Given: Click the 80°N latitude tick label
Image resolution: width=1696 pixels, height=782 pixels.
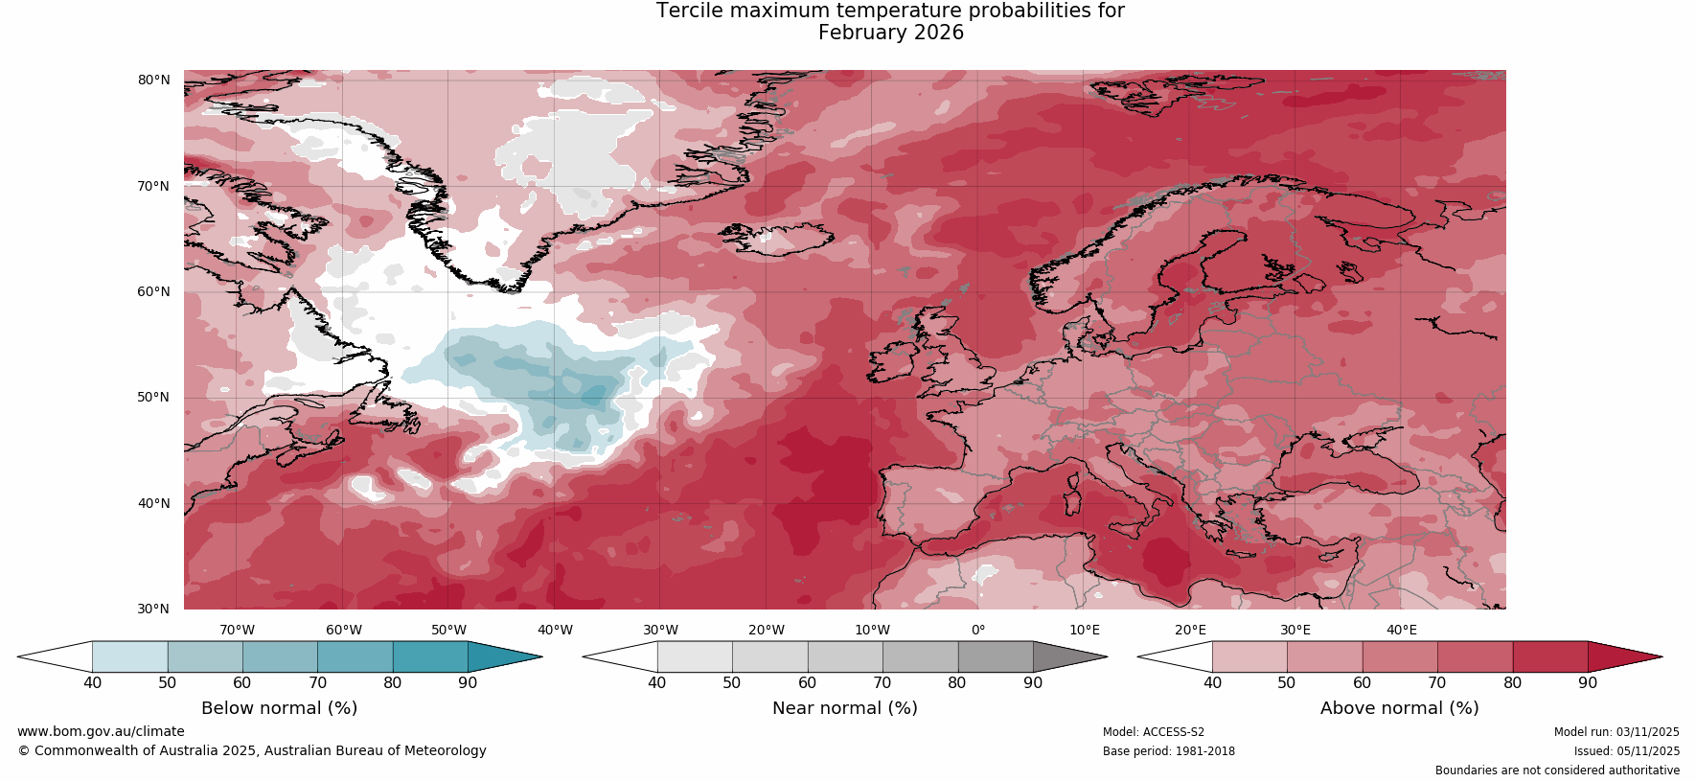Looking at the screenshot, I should pyautogui.click(x=153, y=80).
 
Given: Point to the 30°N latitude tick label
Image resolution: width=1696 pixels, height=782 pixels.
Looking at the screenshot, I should pyautogui.click(x=153, y=609).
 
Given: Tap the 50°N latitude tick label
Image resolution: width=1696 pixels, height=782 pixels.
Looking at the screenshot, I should pyautogui.click(x=153, y=397).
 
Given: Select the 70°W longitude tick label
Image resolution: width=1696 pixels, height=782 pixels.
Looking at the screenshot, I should pyautogui.click(x=238, y=630).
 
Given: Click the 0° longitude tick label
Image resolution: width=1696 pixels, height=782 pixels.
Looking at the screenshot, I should pyautogui.click(x=978, y=630).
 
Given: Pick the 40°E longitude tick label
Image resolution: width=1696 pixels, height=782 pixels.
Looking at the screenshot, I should pyautogui.click(x=1402, y=630).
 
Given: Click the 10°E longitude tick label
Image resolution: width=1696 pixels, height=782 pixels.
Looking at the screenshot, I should pyautogui.click(x=1085, y=630).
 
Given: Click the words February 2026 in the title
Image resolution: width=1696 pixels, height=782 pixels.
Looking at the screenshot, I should pyautogui.click(x=890, y=33).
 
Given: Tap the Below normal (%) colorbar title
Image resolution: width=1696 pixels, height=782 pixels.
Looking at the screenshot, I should pyautogui.click(x=279, y=708).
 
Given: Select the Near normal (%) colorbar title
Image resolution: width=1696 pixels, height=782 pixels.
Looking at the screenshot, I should pyautogui.click(x=844, y=708).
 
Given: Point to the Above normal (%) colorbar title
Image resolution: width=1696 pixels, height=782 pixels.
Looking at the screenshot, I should pyautogui.click(x=1399, y=708).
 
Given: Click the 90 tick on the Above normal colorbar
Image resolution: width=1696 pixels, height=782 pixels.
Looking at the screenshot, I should pyautogui.click(x=1588, y=683).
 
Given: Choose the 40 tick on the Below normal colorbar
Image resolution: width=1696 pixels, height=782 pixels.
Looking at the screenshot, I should pyautogui.click(x=92, y=683).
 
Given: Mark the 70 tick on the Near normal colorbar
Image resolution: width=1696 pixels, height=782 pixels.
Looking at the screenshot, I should pyautogui.click(x=882, y=683).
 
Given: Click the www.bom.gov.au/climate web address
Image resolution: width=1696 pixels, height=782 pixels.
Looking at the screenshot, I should pyautogui.click(x=101, y=731).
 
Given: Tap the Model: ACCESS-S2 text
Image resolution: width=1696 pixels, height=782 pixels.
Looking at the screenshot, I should pyautogui.click(x=1153, y=732).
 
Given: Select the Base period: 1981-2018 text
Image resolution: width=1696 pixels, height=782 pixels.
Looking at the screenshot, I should pyautogui.click(x=1168, y=751).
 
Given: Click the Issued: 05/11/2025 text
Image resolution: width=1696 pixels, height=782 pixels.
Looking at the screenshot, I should pyautogui.click(x=1626, y=751).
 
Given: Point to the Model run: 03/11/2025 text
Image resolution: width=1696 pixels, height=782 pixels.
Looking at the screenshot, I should pyautogui.click(x=1616, y=732).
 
